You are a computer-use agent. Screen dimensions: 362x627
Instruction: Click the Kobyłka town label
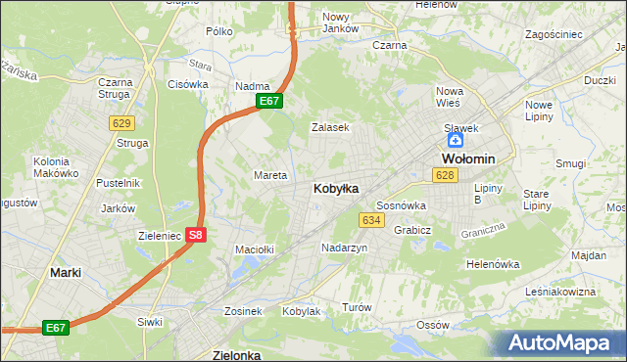pos(335,188)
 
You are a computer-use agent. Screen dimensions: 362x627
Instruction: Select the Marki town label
pos(66,273)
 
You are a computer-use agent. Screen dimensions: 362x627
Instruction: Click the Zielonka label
pos(236,355)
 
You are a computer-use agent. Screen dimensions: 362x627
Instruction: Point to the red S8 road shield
pos(196,235)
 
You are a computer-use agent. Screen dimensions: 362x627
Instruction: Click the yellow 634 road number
pos(371,220)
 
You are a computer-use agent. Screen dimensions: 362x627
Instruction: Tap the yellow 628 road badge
pos(445,175)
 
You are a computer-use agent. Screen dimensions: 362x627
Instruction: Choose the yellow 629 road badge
pos(121,122)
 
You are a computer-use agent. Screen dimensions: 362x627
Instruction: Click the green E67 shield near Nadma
pos(269,101)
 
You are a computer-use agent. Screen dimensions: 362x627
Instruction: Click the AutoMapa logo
pos(563,343)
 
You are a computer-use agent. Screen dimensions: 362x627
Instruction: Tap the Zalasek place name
pos(330,127)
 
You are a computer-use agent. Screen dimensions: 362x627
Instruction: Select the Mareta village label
pos(270,175)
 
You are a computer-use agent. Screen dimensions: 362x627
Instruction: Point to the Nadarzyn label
pos(344,249)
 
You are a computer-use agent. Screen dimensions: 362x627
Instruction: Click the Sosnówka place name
pos(401,205)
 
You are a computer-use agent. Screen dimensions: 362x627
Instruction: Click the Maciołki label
pos(254,249)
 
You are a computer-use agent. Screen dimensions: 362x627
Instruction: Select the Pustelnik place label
pos(119,183)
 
